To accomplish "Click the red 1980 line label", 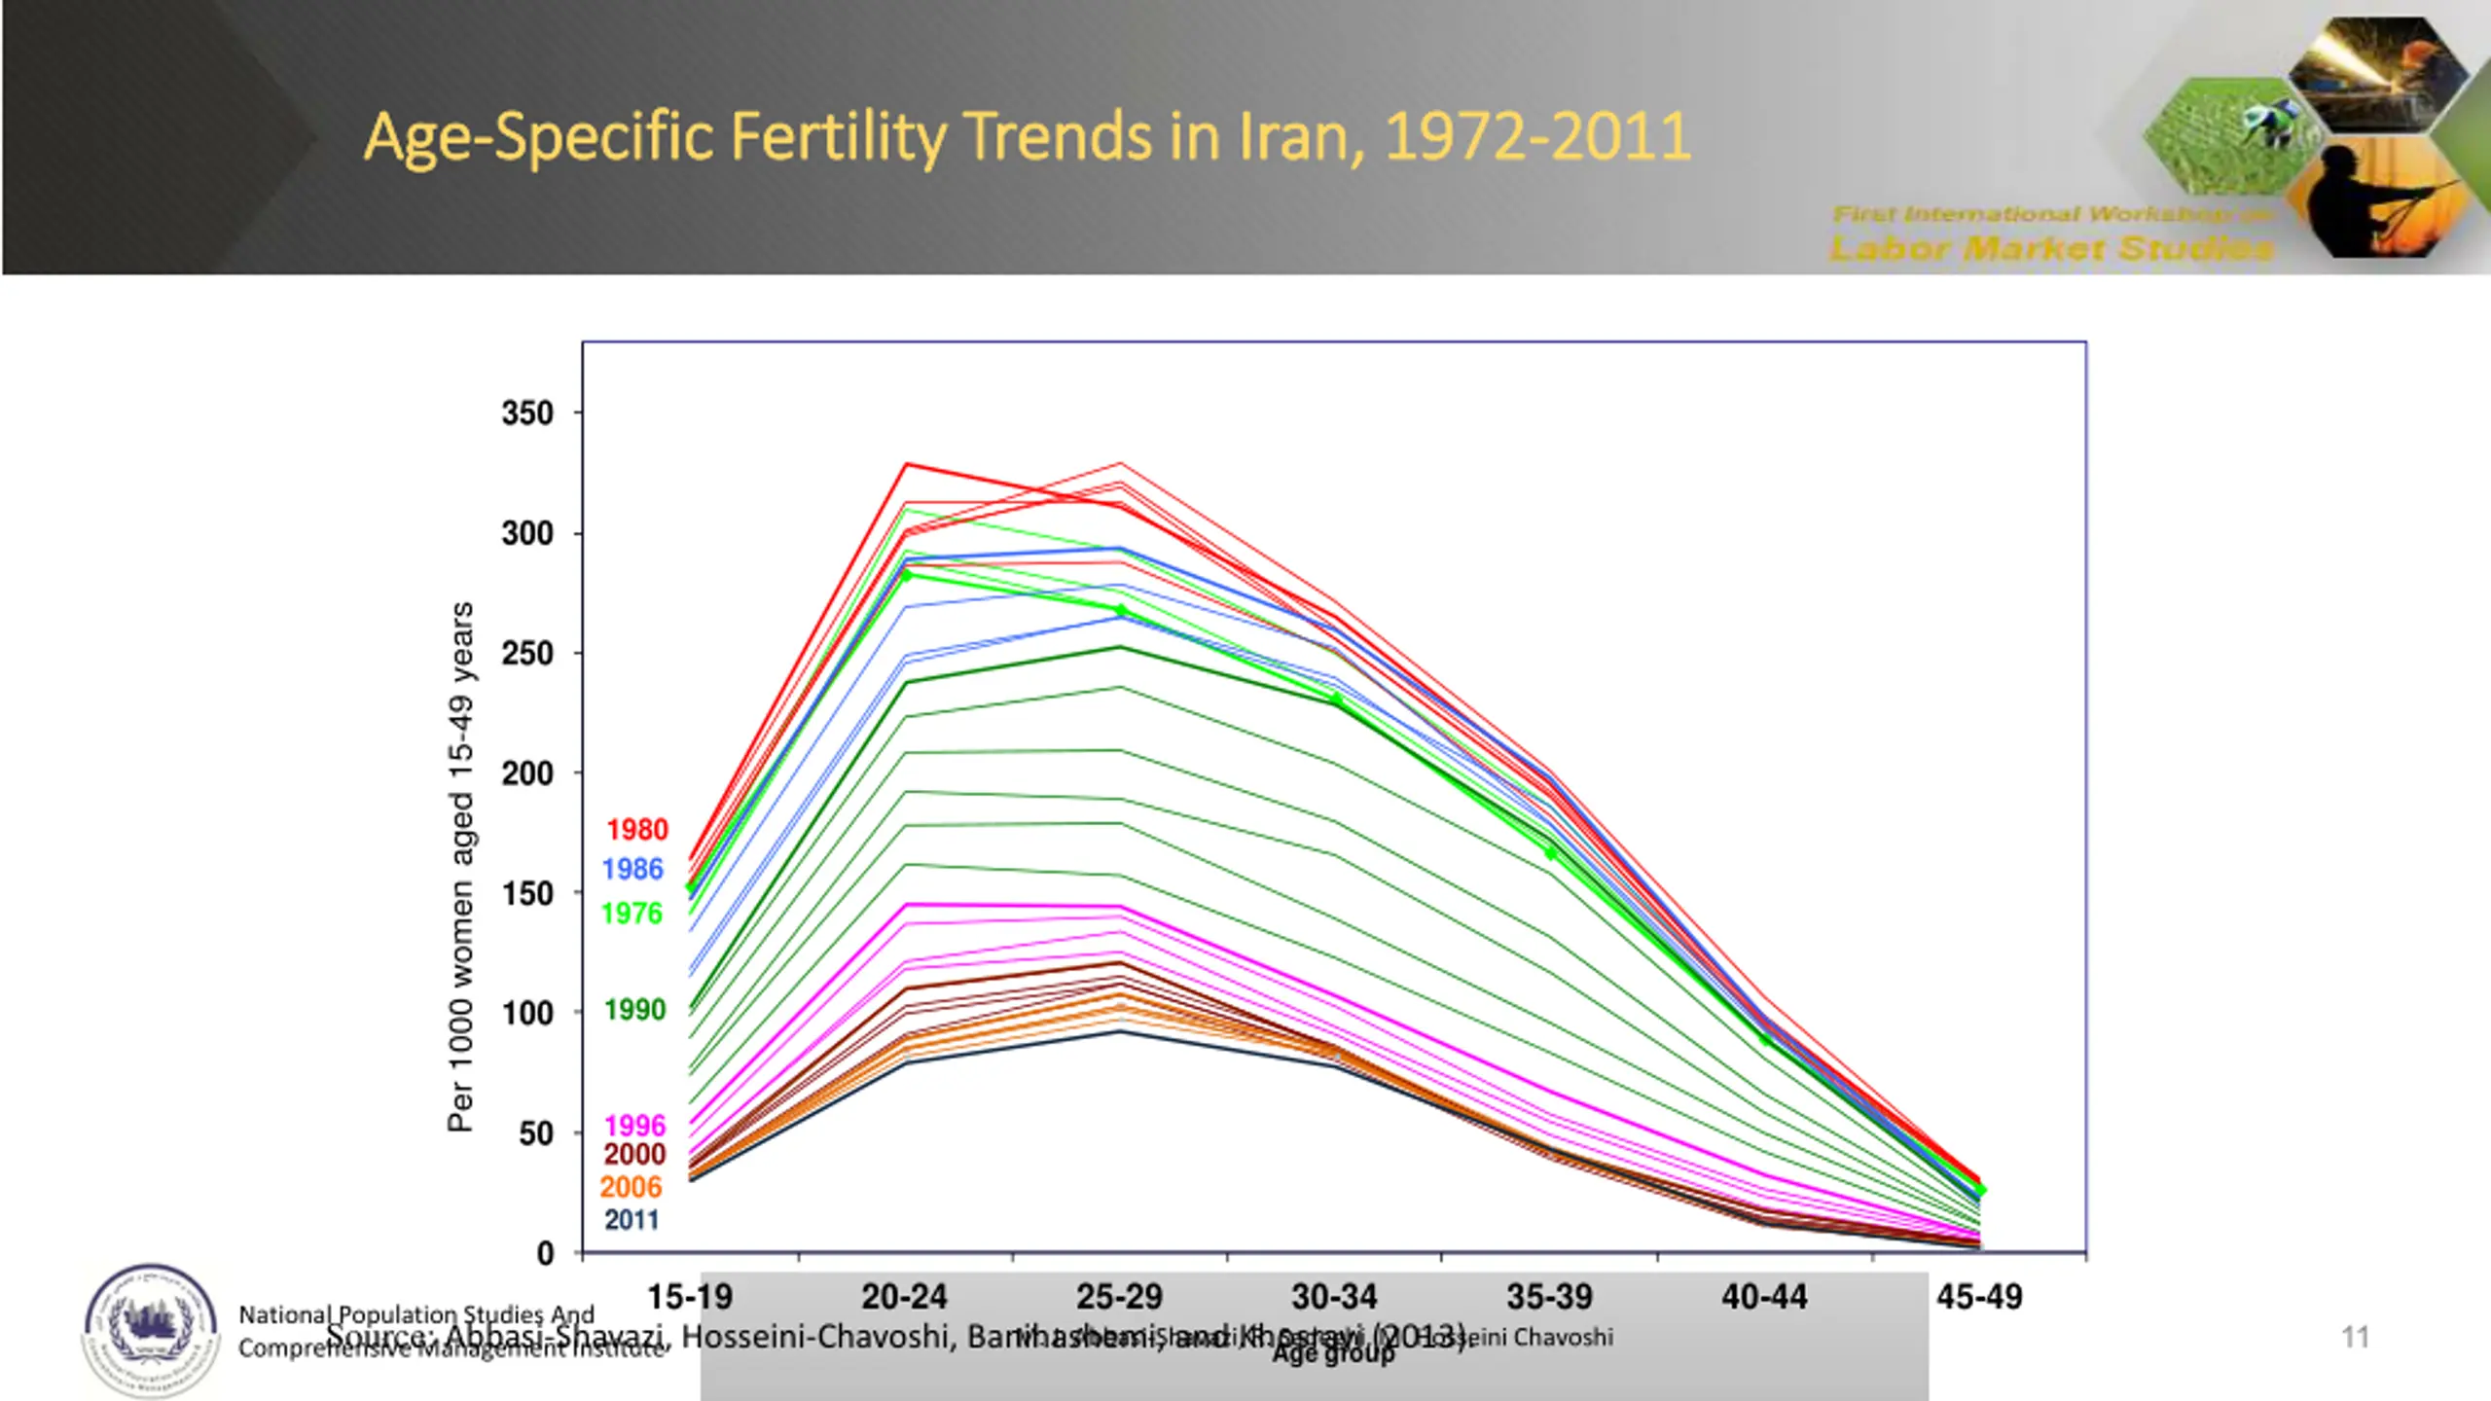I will (637, 830).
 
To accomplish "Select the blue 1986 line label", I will (632, 870).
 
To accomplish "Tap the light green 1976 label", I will (632, 914).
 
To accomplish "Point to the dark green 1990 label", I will (634, 1010).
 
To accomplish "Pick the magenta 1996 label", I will (634, 1126).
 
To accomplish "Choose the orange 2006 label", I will (631, 1187).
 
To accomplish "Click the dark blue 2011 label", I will (632, 1220).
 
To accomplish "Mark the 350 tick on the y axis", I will (527, 413).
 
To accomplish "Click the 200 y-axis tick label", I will (527, 773).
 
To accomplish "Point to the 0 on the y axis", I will (546, 1253).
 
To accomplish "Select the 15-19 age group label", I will (690, 1297).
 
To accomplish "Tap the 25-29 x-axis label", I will (1119, 1297).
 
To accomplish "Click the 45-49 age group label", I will (1979, 1297).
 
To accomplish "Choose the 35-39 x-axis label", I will (1549, 1297).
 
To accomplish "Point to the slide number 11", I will (2355, 1337).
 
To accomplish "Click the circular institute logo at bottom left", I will (151, 1330).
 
